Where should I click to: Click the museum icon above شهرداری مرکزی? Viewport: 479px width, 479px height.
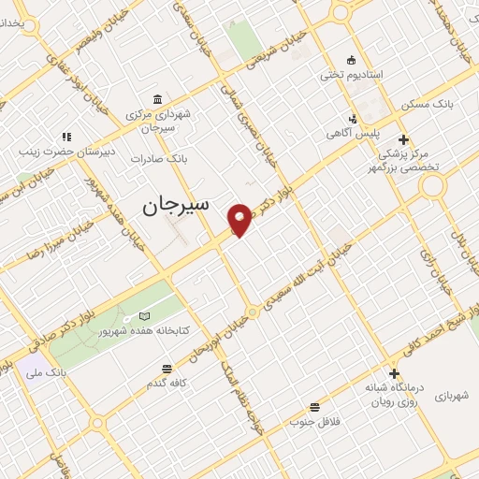coord(155,100)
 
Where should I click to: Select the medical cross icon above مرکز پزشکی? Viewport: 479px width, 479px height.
coord(403,139)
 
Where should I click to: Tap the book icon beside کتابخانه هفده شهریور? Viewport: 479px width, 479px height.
coord(143,316)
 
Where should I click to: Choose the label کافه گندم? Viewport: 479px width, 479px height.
coord(167,384)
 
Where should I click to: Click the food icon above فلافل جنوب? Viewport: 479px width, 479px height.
coord(314,407)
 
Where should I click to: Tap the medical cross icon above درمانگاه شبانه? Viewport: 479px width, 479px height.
coord(394,373)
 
